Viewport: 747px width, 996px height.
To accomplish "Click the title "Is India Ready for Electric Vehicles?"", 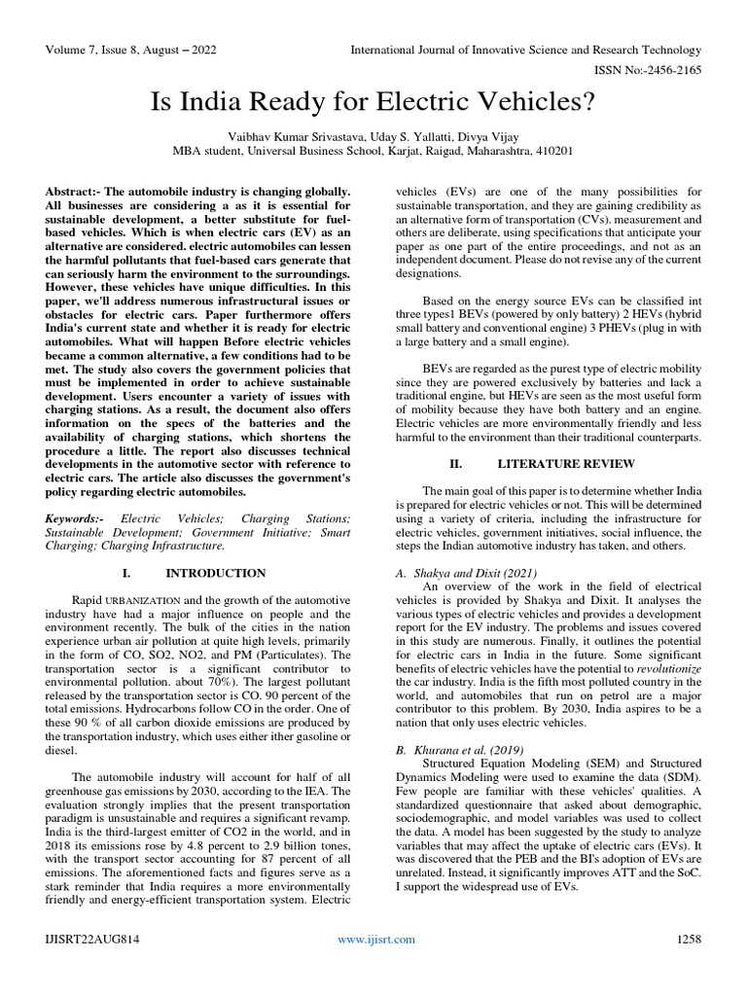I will pyautogui.click(x=373, y=101).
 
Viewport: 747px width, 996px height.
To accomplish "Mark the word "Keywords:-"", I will pyautogui.click(x=74, y=520).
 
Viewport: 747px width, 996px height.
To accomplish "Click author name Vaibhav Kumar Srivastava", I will pyautogui.click(x=287, y=136).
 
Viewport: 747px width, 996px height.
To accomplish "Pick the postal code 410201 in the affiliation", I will pyautogui.click(x=553, y=151).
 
